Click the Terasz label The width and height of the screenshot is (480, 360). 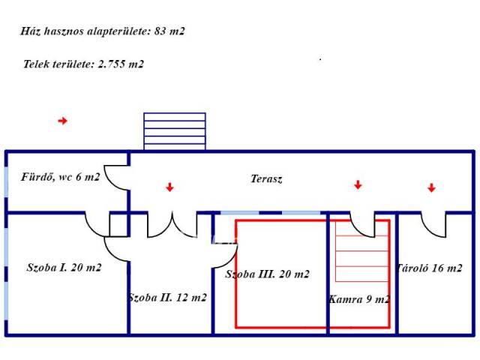coord(266,179)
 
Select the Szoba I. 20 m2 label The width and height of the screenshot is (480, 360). coord(64,267)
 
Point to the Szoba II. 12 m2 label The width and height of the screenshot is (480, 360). coord(167,297)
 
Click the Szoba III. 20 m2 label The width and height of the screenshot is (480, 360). coord(267,274)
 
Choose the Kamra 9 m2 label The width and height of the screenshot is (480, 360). coord(358,298)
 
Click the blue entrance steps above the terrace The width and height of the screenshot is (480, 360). coord(174,131)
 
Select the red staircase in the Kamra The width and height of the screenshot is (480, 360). coord(361,251)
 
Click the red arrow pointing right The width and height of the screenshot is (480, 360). coord(63,120)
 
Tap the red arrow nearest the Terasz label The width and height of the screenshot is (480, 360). coord(170,187)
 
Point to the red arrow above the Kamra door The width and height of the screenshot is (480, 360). coord(358,184)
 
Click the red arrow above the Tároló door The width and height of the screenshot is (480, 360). coord(431,187)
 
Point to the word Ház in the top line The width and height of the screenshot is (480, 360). coord(31,31)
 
